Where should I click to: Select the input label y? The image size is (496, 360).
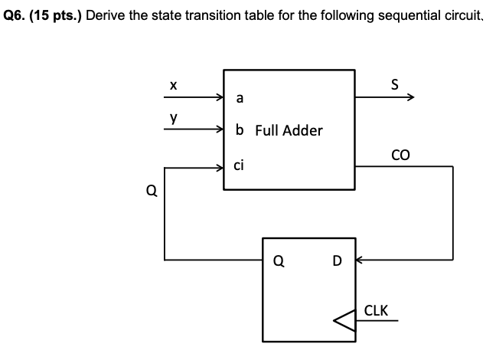pyautogui.click(x=175, y=119)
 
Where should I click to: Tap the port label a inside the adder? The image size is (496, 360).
pyautogui.click(x=240, y=98)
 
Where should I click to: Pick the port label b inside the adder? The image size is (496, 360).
pyautogui.click(x=240, y=130)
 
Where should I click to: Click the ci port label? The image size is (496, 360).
pyautogui.click(x=240, y=162)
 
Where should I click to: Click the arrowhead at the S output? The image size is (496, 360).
pyautogui.click(x=411, y=98)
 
